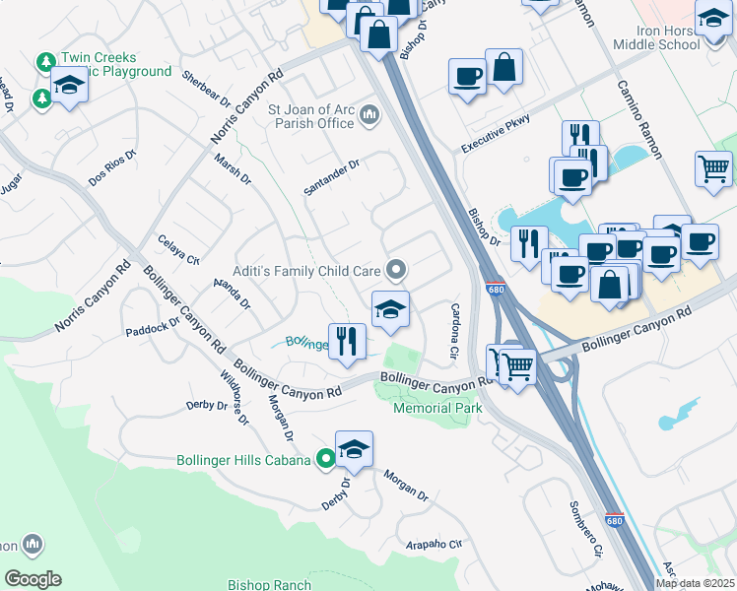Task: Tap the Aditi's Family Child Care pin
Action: pos(396,269)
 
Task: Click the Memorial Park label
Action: pos(436,407)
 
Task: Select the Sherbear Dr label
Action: pos(206,87)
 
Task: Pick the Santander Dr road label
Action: pos(332,176)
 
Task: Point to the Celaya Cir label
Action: pos(179,250)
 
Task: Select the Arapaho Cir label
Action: pos(435,544)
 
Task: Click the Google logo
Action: pos(33,579)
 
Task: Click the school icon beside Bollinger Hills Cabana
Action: pos(354,449)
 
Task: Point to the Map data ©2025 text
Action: pos(695,583)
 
